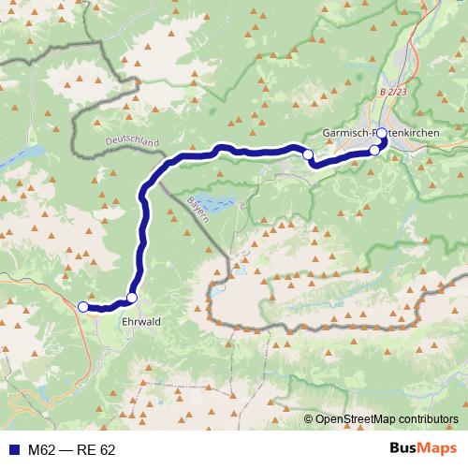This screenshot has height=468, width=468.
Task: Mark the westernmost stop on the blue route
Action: click(x=82, y=307)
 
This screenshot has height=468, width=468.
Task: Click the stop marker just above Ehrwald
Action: click(x=132, y=298)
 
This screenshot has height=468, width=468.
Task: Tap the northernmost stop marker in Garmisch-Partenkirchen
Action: click(x=382, y=133)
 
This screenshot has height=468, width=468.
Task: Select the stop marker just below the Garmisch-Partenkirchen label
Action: click(x=375, y=150)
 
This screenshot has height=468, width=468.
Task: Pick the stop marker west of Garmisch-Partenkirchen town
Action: click(x=307, y=154)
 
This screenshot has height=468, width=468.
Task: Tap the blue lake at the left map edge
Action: click(x=19, y=154)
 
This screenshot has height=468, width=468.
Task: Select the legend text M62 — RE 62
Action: click(x=72, y=450)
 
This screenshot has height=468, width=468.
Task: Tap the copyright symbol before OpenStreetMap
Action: click(x=309, y=419)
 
